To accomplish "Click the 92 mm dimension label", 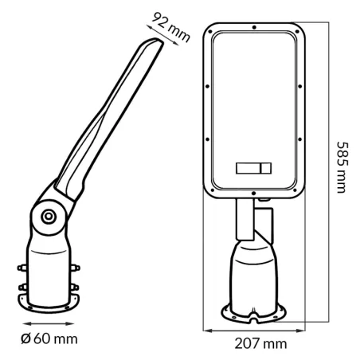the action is (171, 27).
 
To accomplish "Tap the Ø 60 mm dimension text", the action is (49, 339).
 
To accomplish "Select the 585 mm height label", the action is (342, 167).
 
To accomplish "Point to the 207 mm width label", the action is (260, 343).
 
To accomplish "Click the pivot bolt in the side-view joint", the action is (49, 217).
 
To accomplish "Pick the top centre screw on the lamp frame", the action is (254, 27).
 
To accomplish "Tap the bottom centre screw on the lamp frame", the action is (253, 194).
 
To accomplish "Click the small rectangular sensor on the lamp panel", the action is (253, 168).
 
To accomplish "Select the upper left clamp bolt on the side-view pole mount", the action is (22, 268).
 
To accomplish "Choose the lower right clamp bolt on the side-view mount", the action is (75, 287).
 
